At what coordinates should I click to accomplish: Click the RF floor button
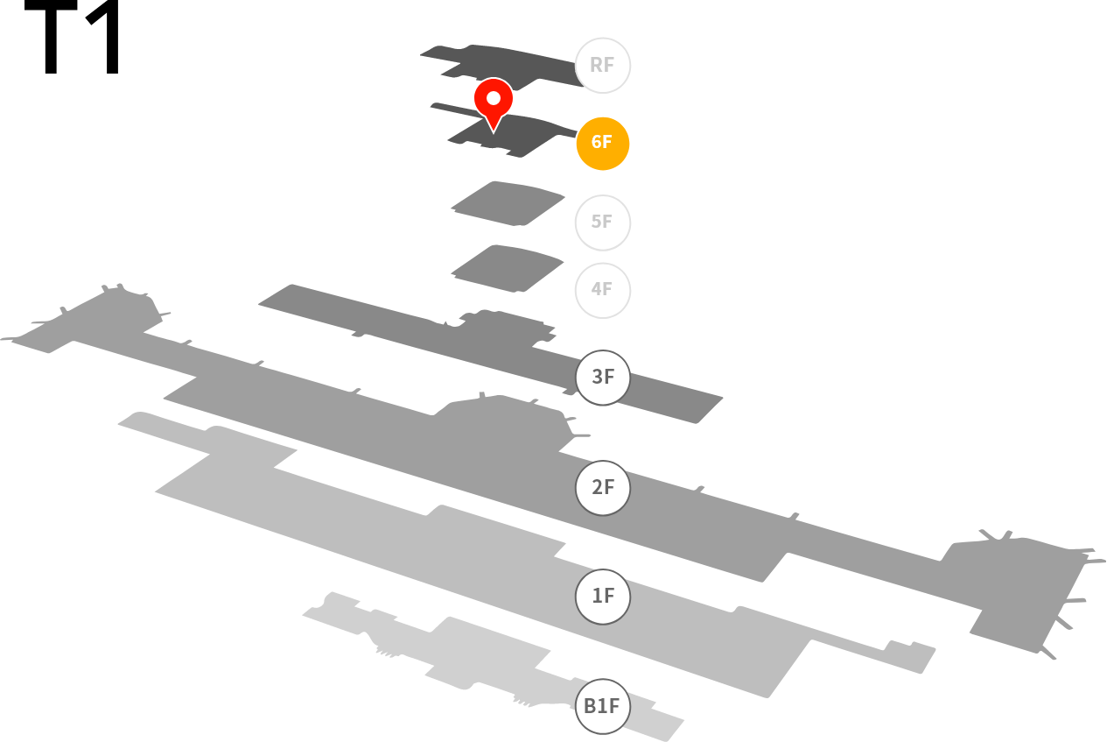pos(602,66)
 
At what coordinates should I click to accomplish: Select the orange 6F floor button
pos(602,144)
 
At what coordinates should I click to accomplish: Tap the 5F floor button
pos(602,223)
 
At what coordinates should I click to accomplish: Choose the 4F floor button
pos(602,290)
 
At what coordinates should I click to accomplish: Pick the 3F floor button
pos(602,378)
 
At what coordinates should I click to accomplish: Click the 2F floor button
pos(602,488)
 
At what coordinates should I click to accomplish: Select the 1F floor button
pos(602,597)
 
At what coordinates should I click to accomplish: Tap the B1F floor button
pos(602,706)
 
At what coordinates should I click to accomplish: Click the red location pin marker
pos(494,105)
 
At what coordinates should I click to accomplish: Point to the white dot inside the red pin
pos(494,98)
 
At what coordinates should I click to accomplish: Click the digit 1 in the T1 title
pos(103,37)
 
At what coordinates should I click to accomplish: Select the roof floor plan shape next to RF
pos(501,67)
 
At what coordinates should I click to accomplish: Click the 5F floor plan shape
pos(508,203)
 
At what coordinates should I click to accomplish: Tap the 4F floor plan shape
pos(508,269)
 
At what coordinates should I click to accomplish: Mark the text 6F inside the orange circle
pos(602,143)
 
